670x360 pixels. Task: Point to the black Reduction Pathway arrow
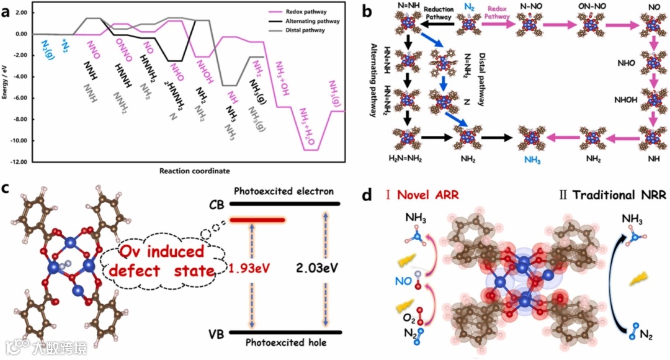click(437, 25)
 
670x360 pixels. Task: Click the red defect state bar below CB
click(257, 220)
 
